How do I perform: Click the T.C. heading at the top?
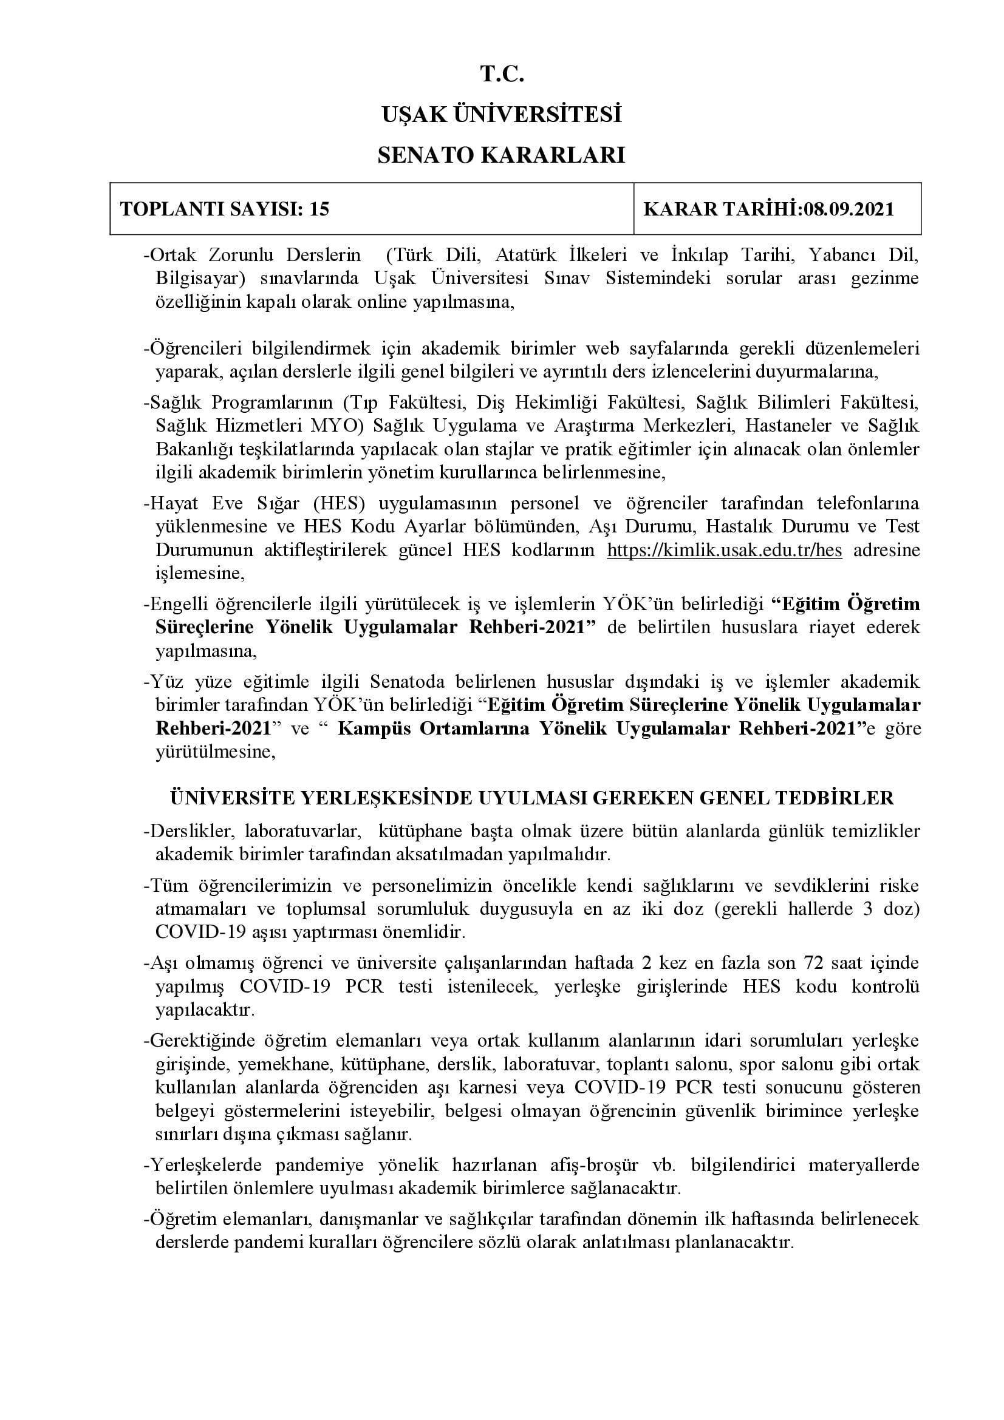click(502, 75)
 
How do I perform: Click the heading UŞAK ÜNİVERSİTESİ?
click(502, 115)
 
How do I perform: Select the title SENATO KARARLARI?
click(502, 155)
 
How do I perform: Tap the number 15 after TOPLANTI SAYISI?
click(319, 209)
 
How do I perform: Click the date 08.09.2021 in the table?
click(849, 209)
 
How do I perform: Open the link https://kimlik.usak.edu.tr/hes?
click(725, 550)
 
